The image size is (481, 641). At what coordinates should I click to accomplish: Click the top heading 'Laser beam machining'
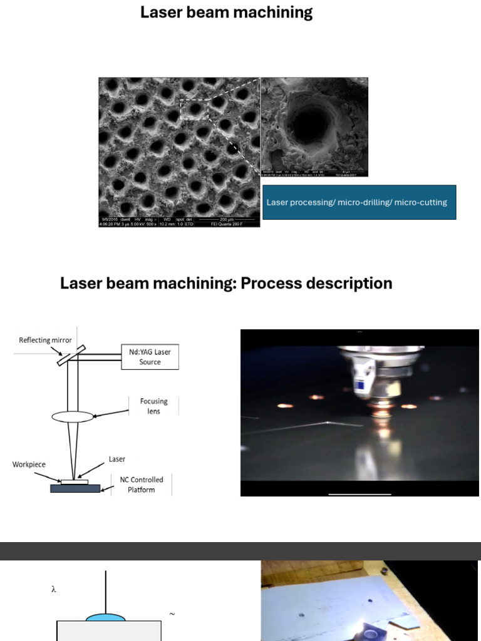click(226, 13)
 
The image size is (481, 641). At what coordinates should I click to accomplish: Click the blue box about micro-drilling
click(359, 202)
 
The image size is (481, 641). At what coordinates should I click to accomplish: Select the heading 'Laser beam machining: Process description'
click(226, 283)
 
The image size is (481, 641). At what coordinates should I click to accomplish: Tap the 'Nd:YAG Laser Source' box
click(150, 357)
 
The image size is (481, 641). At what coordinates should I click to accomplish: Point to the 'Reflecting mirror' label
click(45, 341)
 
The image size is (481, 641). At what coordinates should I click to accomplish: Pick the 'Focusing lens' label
click(153, 406)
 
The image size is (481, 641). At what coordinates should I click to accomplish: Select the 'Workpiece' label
click(29, 464)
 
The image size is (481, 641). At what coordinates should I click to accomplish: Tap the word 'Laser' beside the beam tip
click(117, 459)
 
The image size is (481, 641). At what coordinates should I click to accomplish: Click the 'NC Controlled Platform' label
click(142, 485)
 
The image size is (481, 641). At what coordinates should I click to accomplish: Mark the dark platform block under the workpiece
click(75, 488)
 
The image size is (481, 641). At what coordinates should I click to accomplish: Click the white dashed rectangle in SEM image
click(194, 109)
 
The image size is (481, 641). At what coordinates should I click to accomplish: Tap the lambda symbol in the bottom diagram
click(54, 589)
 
